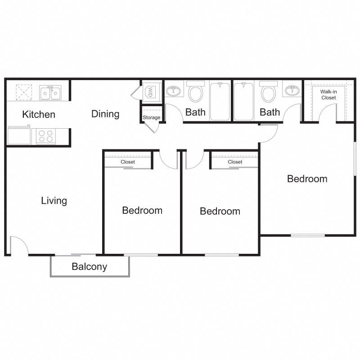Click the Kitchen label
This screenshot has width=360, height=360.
point(39,115)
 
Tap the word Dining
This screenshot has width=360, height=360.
point(105,114)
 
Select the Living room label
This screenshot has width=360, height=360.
point(54,201)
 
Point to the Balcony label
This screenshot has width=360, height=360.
point(90,267)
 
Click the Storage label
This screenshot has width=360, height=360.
point(152,118)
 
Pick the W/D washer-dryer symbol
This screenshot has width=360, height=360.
point(150,93)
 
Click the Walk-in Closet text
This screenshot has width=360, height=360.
point(328,94)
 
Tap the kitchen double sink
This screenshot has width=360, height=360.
point(50,93)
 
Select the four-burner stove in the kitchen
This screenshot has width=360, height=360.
point(45,136)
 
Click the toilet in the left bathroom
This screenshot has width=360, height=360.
point(195,93)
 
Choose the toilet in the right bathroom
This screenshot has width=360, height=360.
point(268,93)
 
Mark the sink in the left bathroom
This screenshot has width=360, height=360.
point(173,90)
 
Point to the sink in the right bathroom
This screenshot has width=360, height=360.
point(292,90)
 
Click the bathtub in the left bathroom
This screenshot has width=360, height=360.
point(220,101)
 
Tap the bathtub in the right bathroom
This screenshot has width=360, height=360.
point(243,101)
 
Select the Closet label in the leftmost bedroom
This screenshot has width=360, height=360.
point(128,162)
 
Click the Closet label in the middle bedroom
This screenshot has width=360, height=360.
point(235,162)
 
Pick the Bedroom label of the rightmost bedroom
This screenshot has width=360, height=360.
point(307,179)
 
